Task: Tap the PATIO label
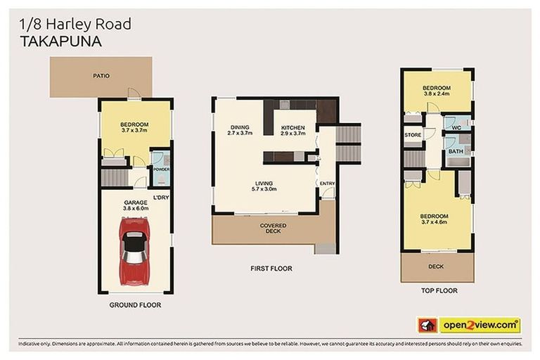(x=101, y=75)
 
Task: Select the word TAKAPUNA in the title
(x=56, y=41)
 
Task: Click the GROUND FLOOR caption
(x=135, y=305)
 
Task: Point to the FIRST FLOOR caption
(x=271, y=268)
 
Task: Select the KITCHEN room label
(x=292, y=128)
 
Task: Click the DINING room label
(x=240, y=128)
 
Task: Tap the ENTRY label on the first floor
(x=327, y=184)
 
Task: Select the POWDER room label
(x=161, y=169)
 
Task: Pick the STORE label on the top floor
(x=412, y=135)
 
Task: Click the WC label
(x=456, y=127)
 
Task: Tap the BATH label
(x=456, y=150)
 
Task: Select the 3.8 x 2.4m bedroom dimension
(x=436, y=94)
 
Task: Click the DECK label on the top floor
(x=436, y=266)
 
